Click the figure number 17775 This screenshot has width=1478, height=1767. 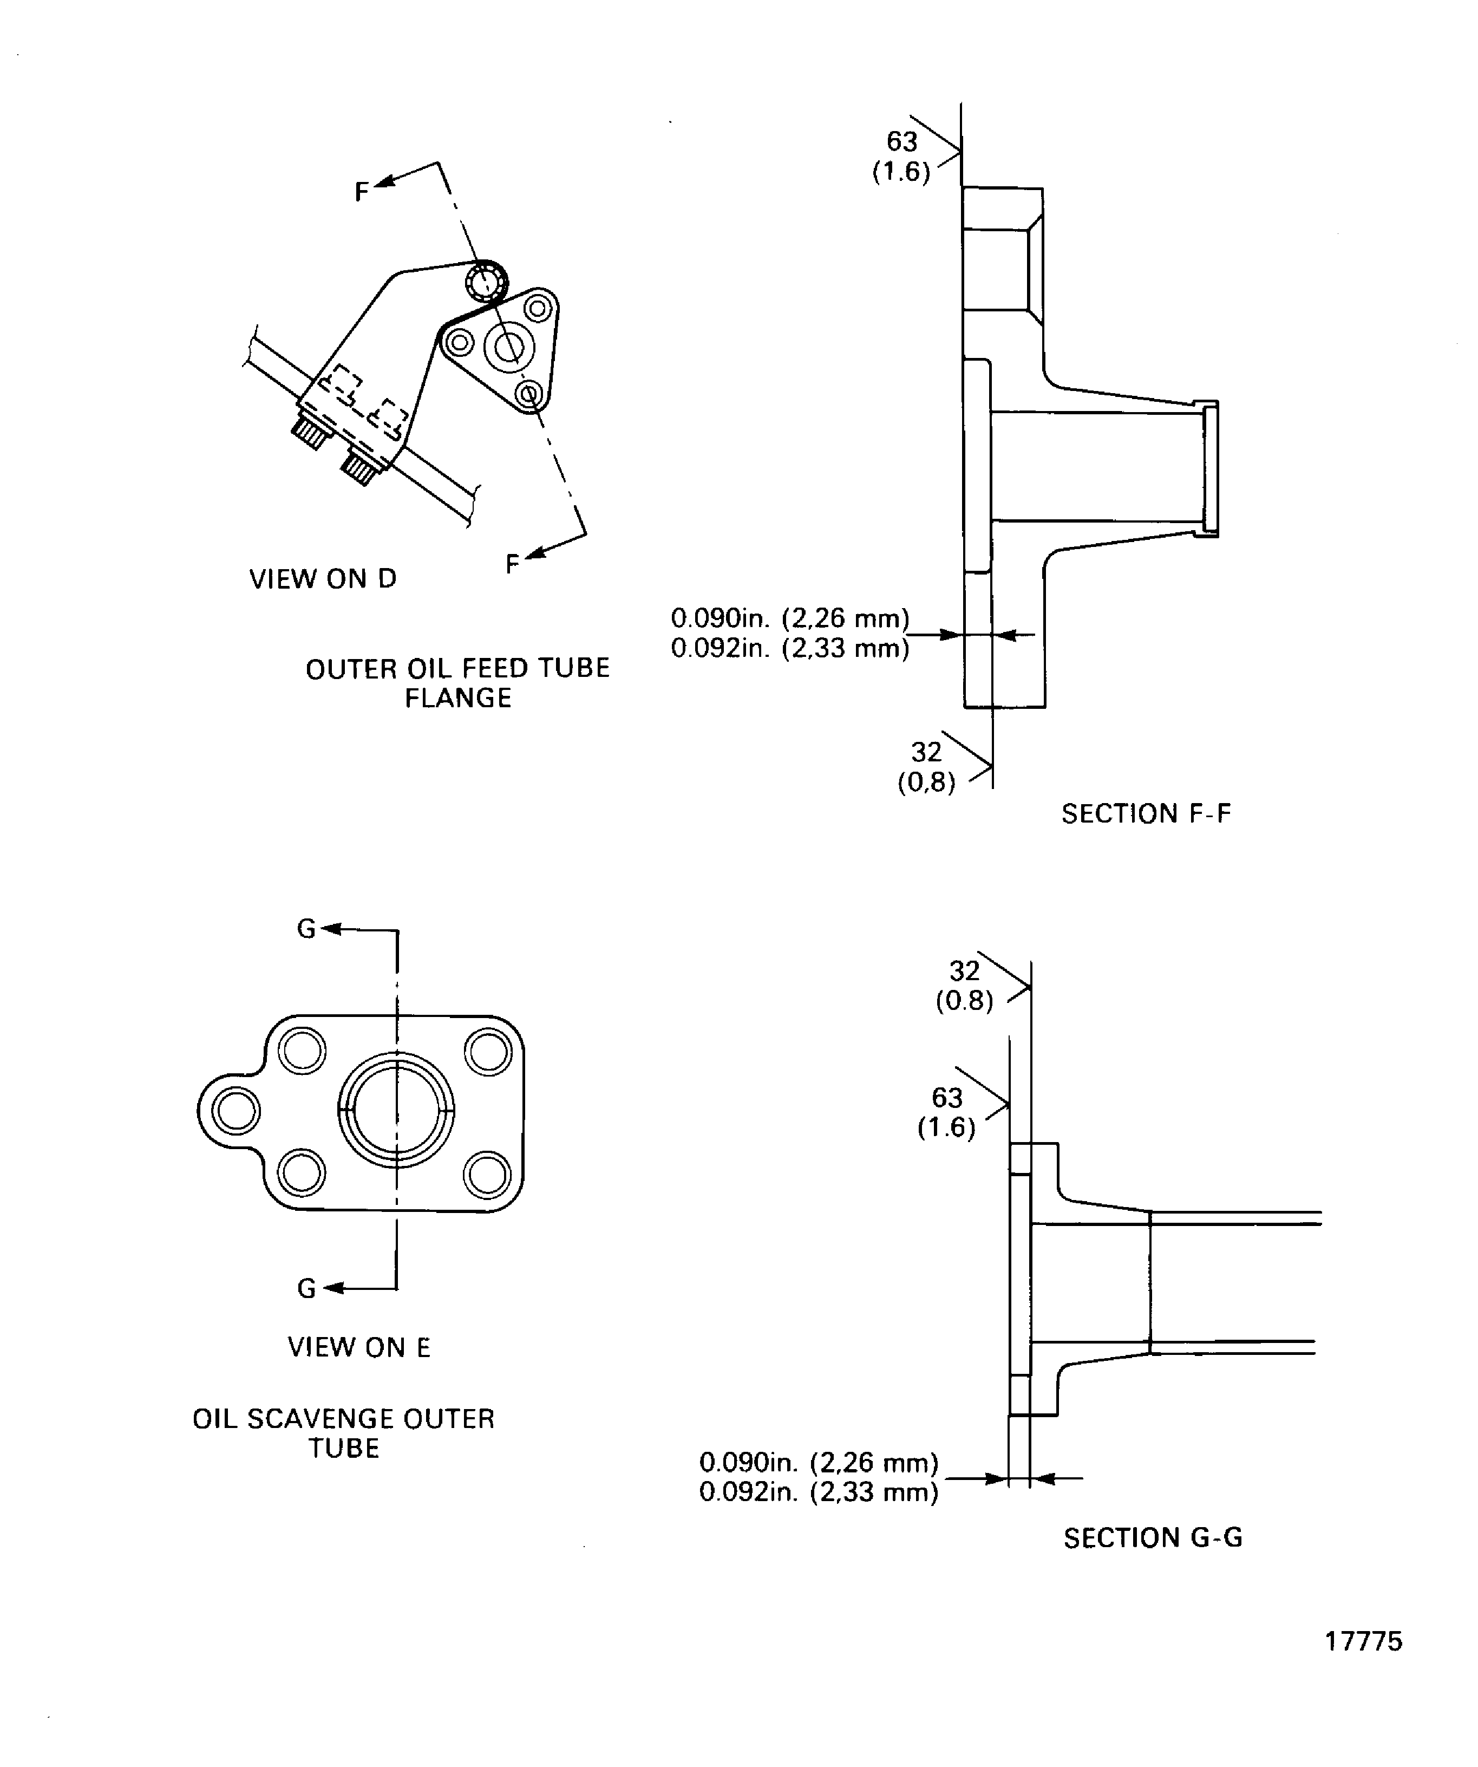click(x=1363, y=1641)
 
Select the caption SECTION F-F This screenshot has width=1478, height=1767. click(x=1146, y=814)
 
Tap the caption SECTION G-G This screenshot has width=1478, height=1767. click(x=1153, y=1538)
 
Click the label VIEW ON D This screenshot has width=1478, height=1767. click(x=322, y=579)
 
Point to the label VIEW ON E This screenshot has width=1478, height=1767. click(x=358, y=1347)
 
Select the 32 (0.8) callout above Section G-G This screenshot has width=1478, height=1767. click(x=964, y=986)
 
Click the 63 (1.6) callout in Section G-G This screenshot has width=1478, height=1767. click(x=946, y=1112)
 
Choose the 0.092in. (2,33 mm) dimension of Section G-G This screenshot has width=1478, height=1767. click(x=819, y=1492)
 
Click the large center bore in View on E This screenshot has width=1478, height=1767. click(x=396, y=1111)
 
